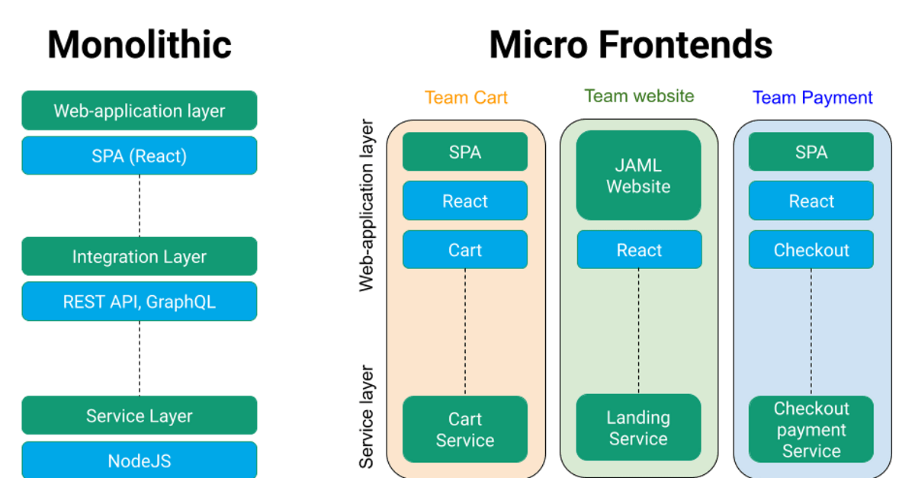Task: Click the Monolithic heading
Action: (140, 45)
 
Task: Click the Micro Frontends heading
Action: (631, 45)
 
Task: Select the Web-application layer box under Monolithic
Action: (140, 111)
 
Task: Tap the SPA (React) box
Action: (140, 156)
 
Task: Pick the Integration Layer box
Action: (140, 257)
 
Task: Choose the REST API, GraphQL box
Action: (140, 302)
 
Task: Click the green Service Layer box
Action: (140, 416)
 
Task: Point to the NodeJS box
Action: (140, 460)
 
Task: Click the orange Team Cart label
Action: (466, 98)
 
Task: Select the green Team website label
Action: (639, 97)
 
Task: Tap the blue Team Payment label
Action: (812, 98)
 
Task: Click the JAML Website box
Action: (638, 176)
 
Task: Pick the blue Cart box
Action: (465, 250)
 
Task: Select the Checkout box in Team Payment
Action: (811, 250)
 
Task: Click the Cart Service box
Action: (465, 429)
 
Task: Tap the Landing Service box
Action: (638, 428)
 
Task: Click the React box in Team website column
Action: (639, 250)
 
